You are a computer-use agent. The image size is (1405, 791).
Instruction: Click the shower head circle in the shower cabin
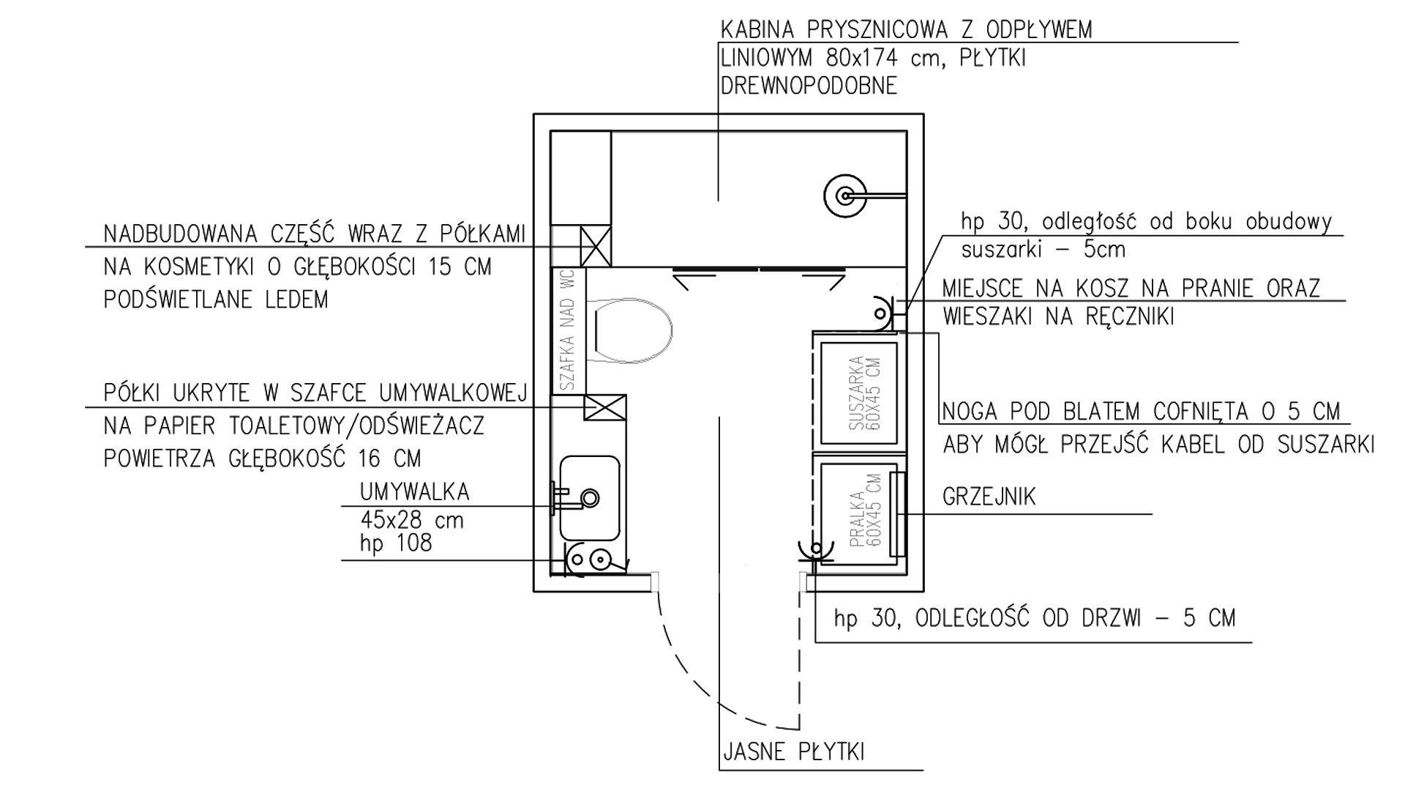tap(845, 196)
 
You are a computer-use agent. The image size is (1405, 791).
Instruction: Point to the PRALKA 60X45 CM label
tap(866, 510)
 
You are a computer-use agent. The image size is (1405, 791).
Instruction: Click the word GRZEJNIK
tap(989, 497)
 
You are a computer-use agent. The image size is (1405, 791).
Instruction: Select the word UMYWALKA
tap(414, 491)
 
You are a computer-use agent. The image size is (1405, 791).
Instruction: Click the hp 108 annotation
tap(396, 543)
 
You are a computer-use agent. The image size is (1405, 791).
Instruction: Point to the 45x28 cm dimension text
tap(412, 520)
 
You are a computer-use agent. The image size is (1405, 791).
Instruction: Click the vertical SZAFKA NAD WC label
tap(569, 330)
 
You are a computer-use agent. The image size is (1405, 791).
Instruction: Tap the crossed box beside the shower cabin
tap(596, 246)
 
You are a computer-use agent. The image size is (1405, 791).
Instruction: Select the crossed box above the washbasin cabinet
tap(604, 407)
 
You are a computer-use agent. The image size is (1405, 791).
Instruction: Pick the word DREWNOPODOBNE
tap(809, 86)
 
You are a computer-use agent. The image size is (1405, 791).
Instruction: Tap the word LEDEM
tap(293, 300)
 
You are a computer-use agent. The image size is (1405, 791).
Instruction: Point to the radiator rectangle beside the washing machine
tap(898, 513)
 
